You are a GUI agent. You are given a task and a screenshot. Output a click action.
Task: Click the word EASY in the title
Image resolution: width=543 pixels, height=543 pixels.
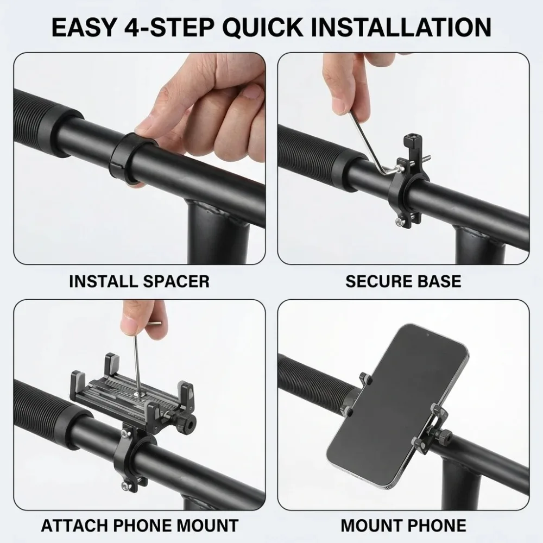point(83,27)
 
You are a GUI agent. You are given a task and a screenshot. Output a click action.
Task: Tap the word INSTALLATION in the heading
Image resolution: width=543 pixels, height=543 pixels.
point(401,27)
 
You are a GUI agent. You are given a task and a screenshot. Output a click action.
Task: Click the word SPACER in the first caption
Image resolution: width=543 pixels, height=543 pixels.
point(176,281)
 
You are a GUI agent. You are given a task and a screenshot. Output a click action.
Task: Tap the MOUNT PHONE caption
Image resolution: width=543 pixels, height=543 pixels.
point(403,525)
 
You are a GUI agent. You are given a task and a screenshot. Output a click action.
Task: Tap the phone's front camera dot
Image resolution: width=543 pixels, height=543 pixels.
point(427,335)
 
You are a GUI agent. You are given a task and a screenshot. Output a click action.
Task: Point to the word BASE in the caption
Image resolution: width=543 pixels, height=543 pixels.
point(439,281)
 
